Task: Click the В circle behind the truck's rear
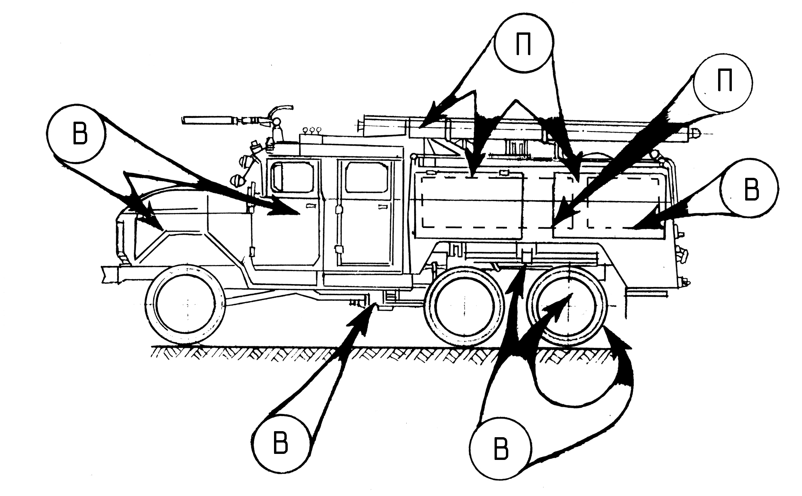point(750,190)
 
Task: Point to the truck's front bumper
point(110,274)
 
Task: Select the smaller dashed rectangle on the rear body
point(622,203)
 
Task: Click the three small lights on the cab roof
point(311,130)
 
